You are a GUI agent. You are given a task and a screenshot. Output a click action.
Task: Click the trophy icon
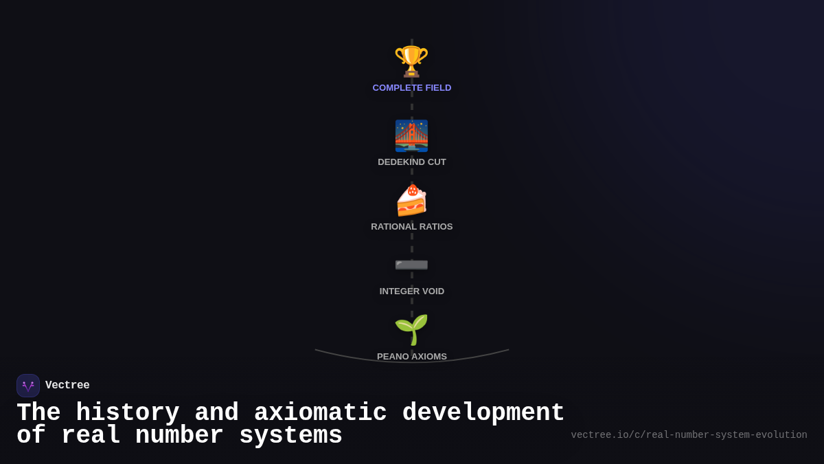coord(411,60)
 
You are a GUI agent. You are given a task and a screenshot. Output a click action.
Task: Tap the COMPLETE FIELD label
coord(412,88)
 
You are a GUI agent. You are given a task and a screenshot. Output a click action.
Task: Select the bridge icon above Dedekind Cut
coord(411,135)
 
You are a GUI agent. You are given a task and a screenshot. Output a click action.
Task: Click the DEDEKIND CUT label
coord(412,162)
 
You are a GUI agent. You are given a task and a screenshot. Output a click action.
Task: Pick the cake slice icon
coord(411,201)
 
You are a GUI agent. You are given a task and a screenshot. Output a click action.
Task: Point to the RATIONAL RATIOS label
coord(412,227)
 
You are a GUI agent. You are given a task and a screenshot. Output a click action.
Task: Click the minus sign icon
coord(411,264)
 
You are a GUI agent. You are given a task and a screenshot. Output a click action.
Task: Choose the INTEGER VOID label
coord(412,291)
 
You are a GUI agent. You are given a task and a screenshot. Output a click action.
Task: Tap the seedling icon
coord(411,329)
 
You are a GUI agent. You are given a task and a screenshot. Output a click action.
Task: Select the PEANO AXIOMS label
coord(412,357)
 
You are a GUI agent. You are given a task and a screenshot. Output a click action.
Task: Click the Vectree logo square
coord(28,386)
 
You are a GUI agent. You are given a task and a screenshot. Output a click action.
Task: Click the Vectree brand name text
coord(67,386)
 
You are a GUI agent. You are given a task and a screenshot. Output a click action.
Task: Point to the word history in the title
coord(127,413)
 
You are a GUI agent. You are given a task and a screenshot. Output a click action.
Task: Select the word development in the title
coord(483,413)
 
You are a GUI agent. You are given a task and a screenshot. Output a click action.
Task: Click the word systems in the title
coord(290,436)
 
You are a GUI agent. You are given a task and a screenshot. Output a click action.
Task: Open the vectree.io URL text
coord(689,435)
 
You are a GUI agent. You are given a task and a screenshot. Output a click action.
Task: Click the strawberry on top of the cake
coord(413,190)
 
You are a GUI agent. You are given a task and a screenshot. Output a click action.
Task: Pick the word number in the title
coord(179,436)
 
